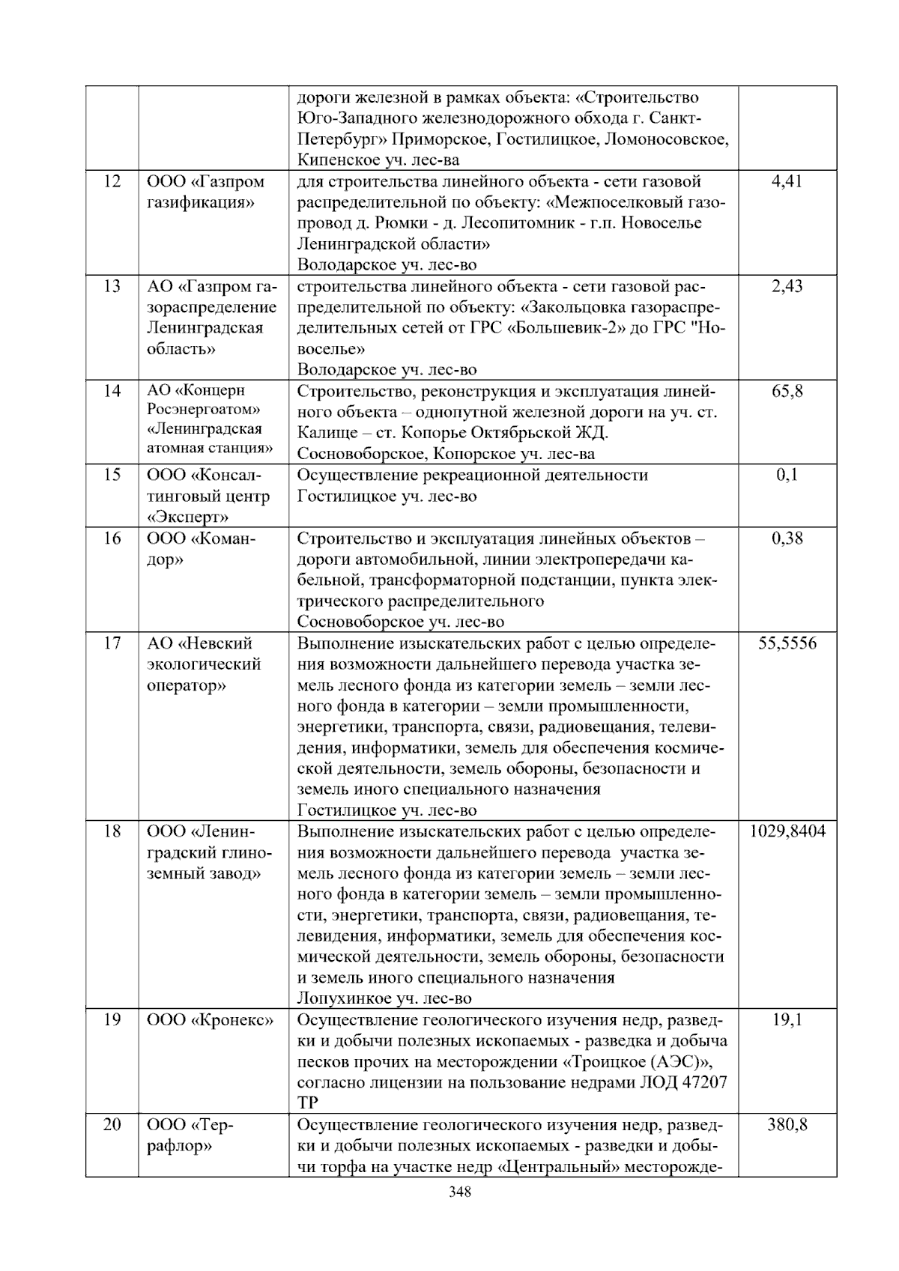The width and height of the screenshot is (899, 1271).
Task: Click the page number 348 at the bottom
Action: pos(459,1193)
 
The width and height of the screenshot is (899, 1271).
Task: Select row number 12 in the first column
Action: pos(112,181)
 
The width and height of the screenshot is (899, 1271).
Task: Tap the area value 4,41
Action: pos(787,181)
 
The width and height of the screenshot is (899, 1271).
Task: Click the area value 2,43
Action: pos(787,286)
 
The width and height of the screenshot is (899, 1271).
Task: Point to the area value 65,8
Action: pos(787,391)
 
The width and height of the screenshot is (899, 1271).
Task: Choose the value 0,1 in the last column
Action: pos(787,475)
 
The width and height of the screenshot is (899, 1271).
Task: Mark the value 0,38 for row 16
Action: pos(787,538)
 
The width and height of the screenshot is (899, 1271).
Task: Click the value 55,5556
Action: pos(787,643)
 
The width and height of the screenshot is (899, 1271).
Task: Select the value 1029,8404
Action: pos(787,831)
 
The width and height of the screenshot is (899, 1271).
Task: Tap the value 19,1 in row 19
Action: pos(787,1020)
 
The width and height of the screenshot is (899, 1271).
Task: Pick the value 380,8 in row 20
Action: pos(787,1125)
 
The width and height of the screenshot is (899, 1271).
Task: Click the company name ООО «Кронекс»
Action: pos(211,1020)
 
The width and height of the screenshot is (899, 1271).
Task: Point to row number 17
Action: pos(112,643)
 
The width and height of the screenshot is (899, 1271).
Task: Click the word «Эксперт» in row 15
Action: pos(188,517)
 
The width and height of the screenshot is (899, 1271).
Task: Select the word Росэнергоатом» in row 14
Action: pos(204,410)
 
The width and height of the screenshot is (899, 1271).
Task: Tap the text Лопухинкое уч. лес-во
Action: pos(384,998)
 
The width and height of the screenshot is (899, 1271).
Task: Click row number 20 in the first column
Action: pos(112,1125)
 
